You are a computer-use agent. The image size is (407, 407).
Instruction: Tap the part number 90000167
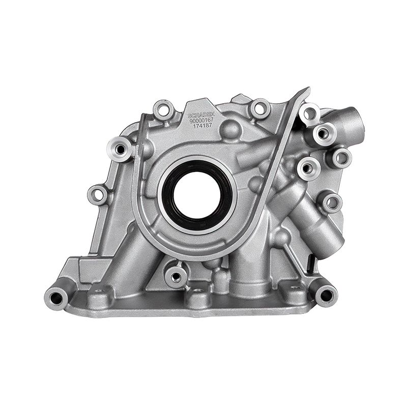coord(202,121)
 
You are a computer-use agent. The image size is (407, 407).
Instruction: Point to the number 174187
coord(202,127)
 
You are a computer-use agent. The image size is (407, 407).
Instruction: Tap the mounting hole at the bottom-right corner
coord(326,294)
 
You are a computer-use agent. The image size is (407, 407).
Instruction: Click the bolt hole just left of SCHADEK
coord(163,109)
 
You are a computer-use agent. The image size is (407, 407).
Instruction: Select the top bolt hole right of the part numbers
coord(260,108)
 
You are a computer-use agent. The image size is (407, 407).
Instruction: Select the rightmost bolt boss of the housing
coord(341,158)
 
